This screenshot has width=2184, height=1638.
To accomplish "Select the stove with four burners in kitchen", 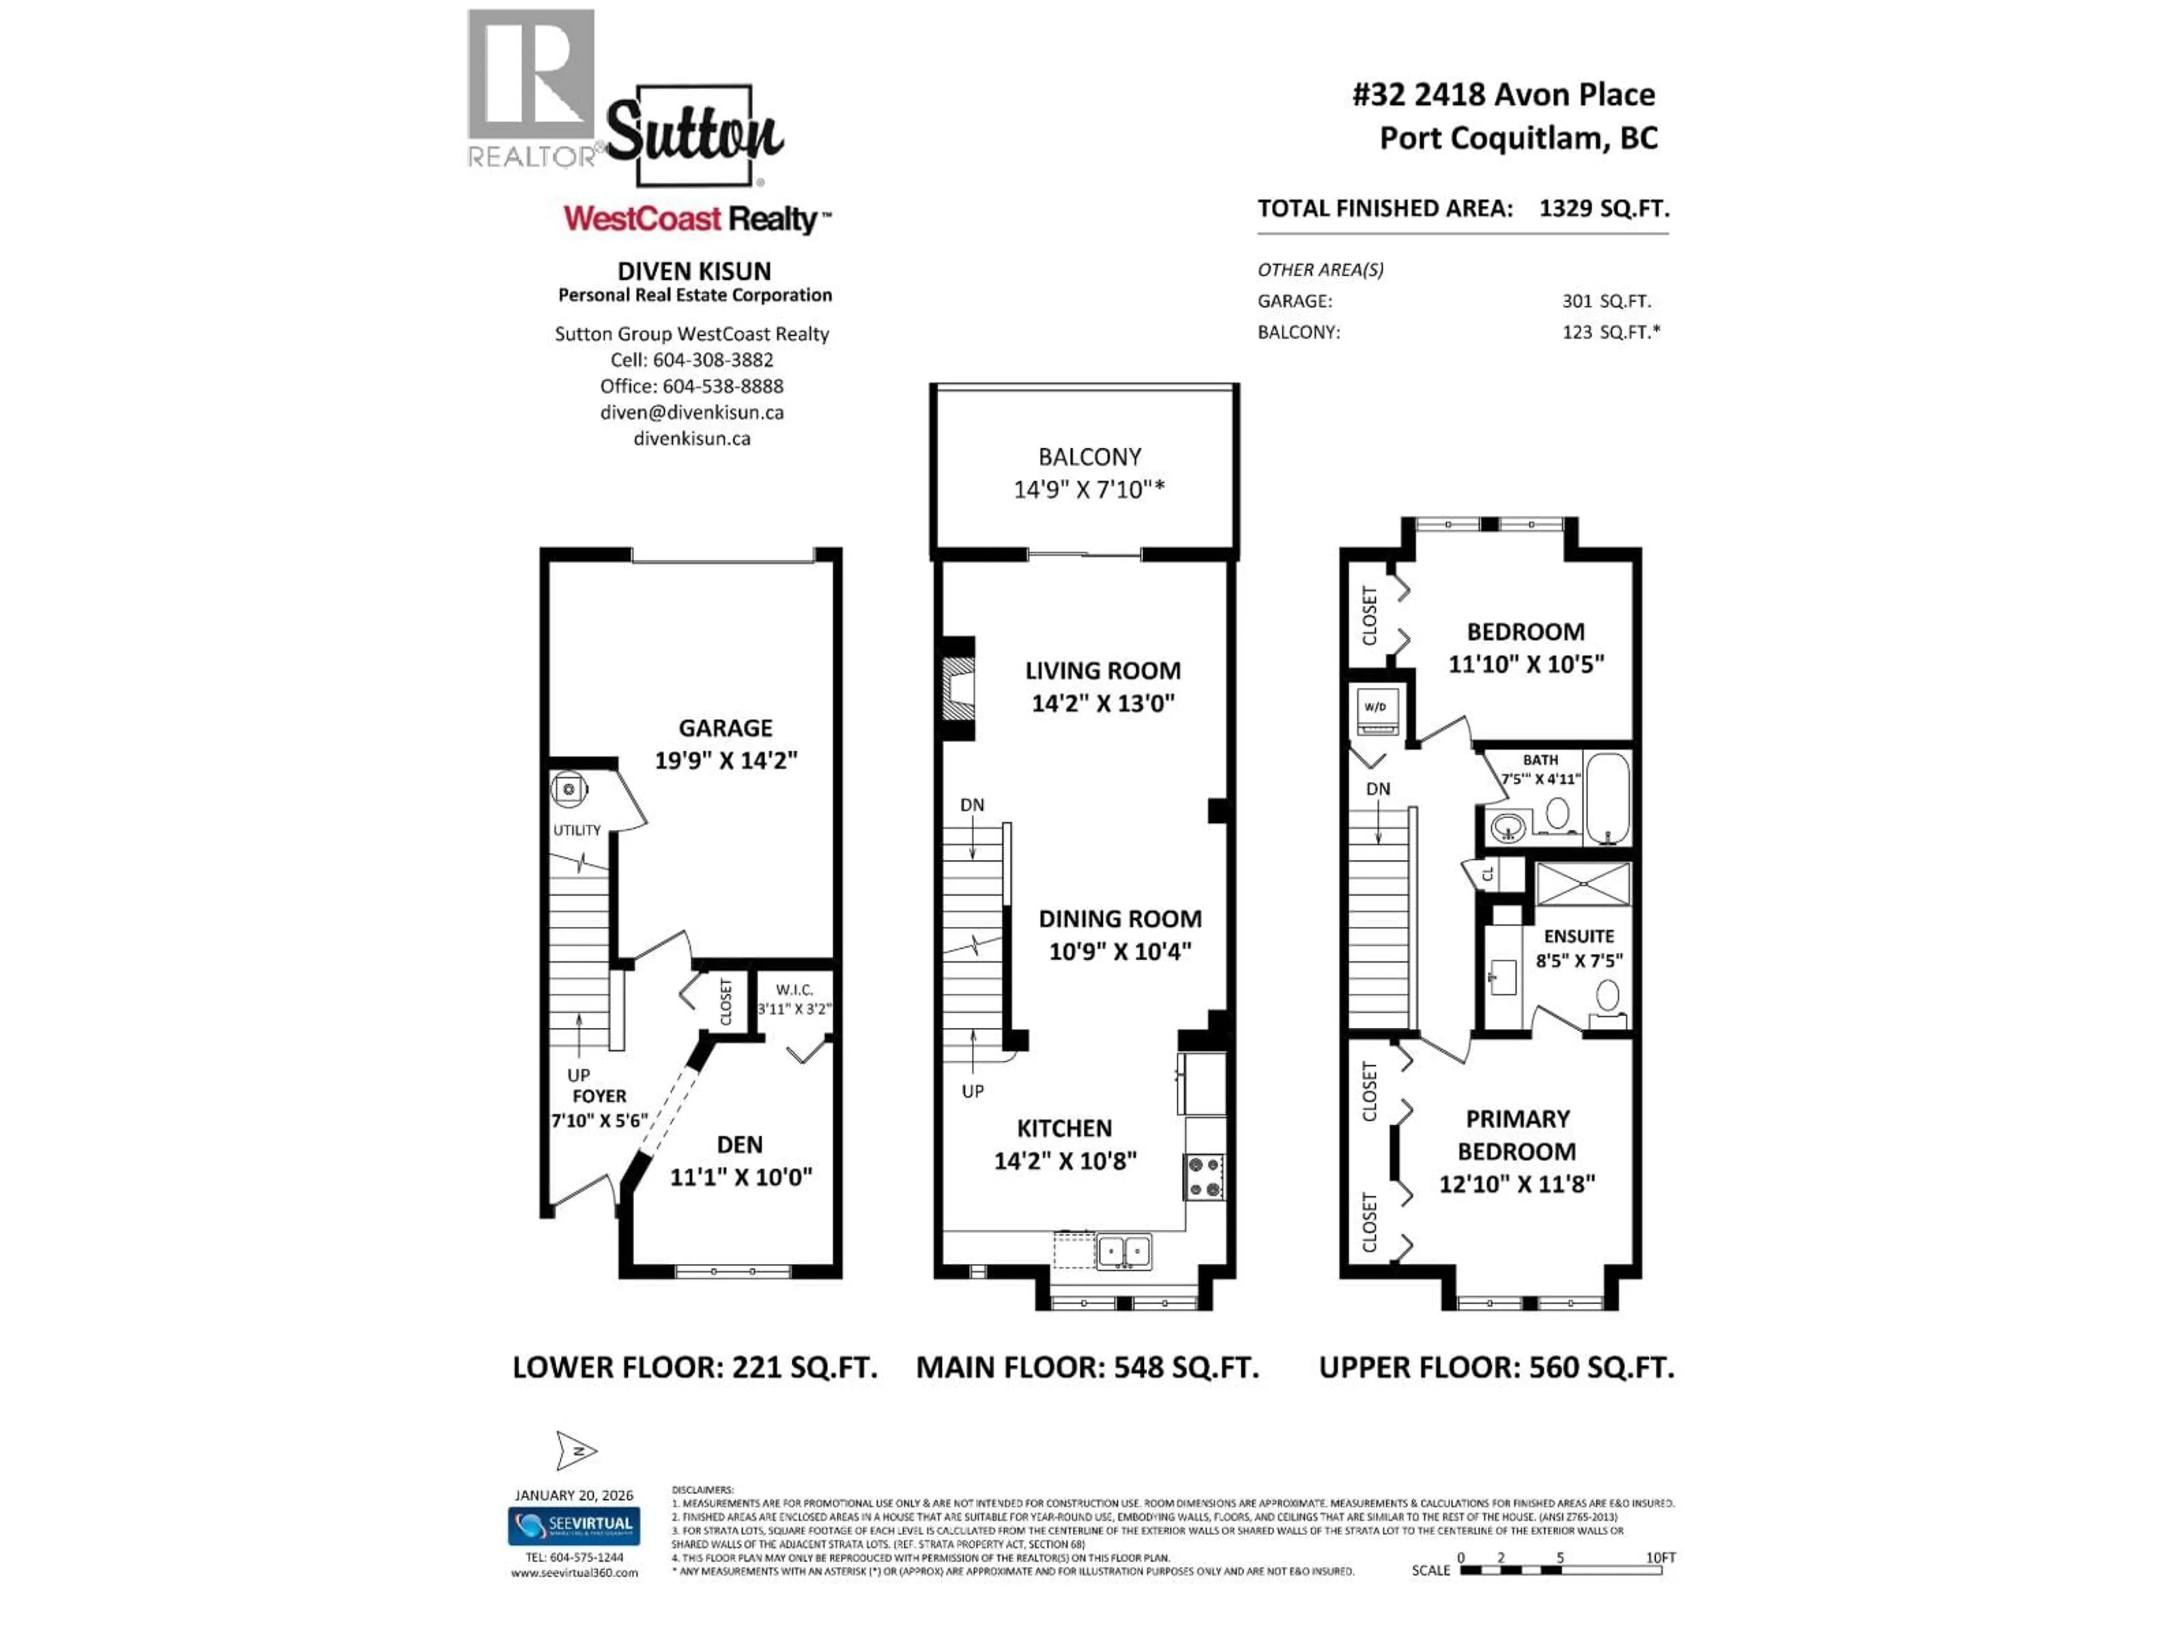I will click(1203, 1177).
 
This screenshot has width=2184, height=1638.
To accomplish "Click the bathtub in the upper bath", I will click(1607, 798).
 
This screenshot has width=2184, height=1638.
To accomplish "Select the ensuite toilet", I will click(1607, 997).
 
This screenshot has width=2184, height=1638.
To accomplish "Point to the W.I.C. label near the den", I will click(794, 989).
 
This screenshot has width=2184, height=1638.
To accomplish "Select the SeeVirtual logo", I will click(574, 1525).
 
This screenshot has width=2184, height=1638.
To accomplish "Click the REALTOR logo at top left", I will click(531, 87).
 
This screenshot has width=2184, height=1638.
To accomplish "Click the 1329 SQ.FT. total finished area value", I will click(1603, 208).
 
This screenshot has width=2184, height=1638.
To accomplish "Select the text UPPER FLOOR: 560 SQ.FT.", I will click(1496, 1367).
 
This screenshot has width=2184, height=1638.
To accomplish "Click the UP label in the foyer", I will click(578, 1074).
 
